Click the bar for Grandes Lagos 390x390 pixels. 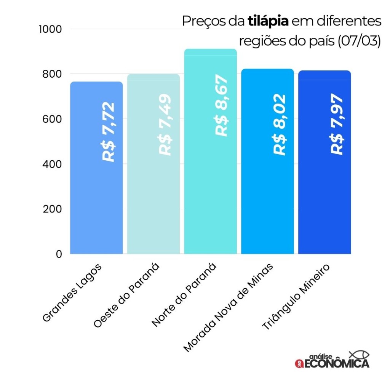point(96,206)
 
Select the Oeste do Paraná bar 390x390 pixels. point(153,206)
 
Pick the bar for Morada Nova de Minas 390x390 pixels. point(267,206)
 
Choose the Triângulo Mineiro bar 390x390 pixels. point(324,206)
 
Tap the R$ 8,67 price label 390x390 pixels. point(222,105)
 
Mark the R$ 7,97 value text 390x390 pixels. point(337,124)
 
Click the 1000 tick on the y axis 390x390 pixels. point(50,29)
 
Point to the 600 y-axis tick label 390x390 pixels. point(53,119)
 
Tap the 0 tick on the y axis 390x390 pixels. point(59,254)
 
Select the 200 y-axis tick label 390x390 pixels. point(53,209)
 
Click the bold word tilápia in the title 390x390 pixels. point(268,21)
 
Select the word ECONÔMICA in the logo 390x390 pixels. point(337,364)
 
